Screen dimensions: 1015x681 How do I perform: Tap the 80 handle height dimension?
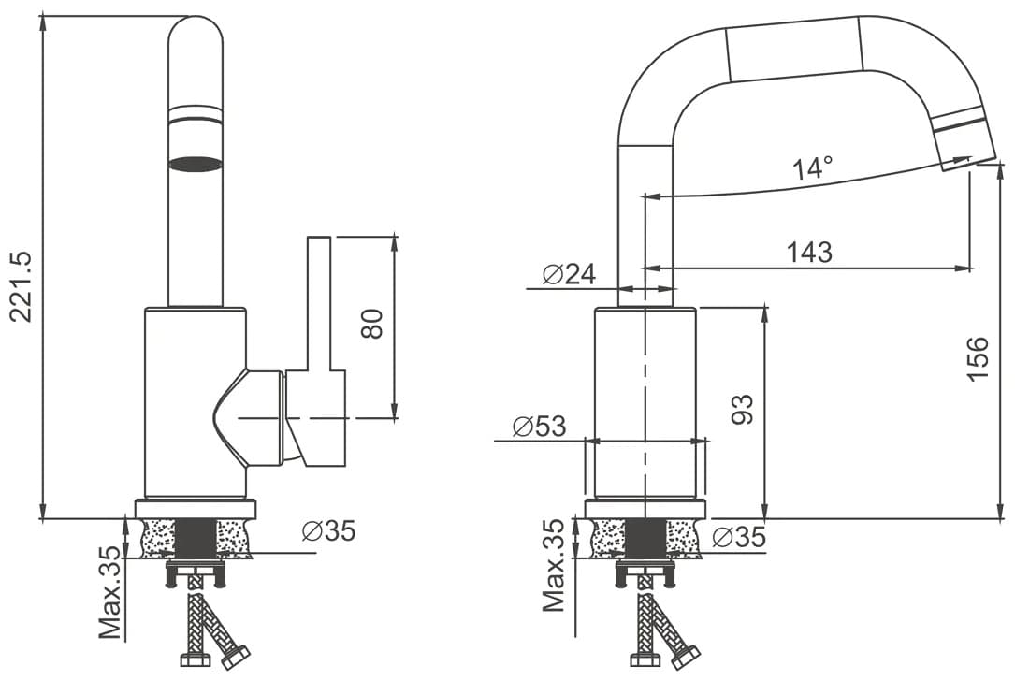[x=372, y=324]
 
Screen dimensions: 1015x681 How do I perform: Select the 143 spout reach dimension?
[x=809, y=252]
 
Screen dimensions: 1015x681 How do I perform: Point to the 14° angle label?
[x=812, y=168]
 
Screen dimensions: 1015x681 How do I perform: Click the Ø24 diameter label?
[x=569, y=274]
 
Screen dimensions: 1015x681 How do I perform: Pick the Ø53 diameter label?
[x=539, y=427]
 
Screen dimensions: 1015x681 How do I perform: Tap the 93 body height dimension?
[x=743, y=409]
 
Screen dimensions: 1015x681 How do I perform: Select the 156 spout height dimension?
[x=978, y=359]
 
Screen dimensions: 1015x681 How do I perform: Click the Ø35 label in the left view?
[x=329, y=530]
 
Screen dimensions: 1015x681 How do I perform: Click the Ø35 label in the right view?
[x=739, y=537]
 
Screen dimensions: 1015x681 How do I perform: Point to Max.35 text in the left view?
[x=110, y=592]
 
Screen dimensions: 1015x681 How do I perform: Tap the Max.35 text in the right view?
[x=554, y=565]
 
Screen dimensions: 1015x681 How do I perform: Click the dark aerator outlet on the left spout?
[x=195, y=164]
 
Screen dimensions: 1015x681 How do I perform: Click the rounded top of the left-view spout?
[x=195, y=26]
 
